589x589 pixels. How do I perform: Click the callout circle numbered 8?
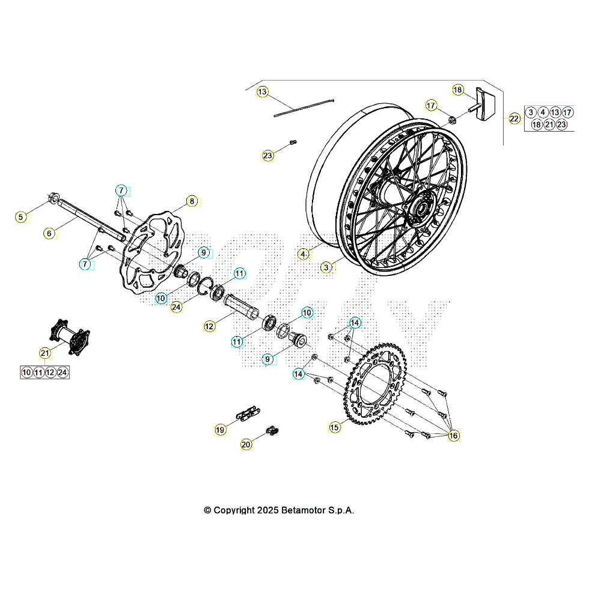[192, 201]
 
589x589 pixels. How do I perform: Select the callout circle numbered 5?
[22, 217]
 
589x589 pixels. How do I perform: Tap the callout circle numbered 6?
[50, 233]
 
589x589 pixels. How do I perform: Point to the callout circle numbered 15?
[335, 427]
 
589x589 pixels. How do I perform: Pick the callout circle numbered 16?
[453, 435]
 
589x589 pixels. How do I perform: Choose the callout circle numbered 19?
[221, 430]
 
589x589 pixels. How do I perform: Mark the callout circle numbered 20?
[246, 445]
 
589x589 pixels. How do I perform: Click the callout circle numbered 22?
[514, 118]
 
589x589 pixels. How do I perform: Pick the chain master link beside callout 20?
[273, 430]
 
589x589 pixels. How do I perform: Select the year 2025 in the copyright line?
[266, 510]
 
